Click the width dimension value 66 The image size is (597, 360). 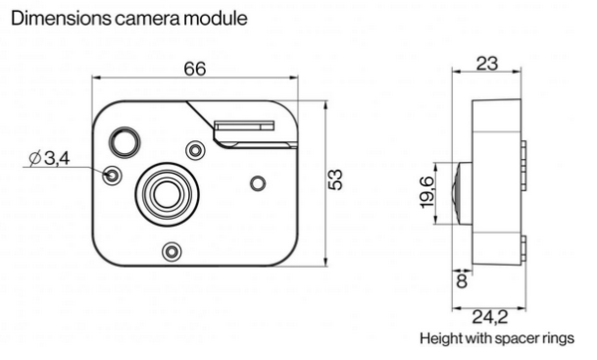195,69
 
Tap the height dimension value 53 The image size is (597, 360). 335,180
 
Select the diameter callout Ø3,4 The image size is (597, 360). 47,159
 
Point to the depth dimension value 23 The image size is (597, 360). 487,65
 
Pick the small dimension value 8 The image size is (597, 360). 461,281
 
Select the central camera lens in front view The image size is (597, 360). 165,191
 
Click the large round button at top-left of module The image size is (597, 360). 126,143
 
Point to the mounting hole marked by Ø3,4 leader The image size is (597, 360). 112,175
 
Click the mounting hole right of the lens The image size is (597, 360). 258,182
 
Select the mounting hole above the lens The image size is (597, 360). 195,150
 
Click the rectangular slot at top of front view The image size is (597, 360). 243,126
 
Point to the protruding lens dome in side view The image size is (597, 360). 456,189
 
